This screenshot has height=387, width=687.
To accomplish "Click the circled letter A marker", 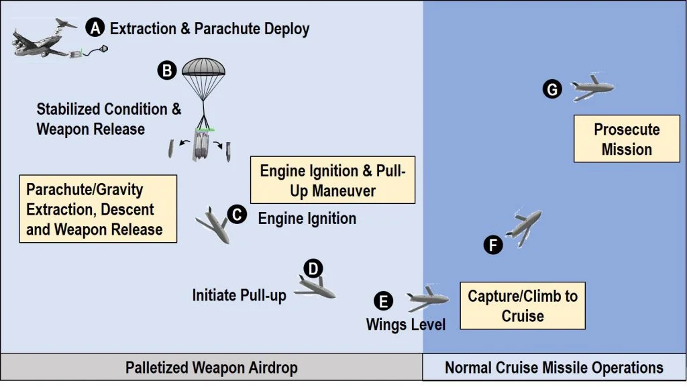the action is (x=95, y=27).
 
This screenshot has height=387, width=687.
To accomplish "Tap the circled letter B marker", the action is (x=167, y=70).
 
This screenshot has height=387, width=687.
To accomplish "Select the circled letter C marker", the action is (x=237, y=215).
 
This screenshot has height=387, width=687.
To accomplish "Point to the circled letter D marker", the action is (x=313, y=269).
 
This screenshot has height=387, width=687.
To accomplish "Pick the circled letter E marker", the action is (x=383, y=301).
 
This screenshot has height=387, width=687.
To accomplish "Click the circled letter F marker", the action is (x=493, y=245).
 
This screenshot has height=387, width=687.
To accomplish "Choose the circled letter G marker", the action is (x=552, y=89).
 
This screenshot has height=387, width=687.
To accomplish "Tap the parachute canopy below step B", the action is (x=203, y=67).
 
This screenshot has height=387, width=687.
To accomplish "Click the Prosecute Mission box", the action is (x=627, y=139).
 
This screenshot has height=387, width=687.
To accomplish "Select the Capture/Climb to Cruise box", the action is (x=523, y=306).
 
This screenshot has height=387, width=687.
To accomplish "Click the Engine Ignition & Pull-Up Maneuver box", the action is (x=333, y=180).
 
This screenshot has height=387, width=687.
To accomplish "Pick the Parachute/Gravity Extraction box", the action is (x=98, y=209).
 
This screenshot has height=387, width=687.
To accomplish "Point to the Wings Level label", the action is (x=406, y=325).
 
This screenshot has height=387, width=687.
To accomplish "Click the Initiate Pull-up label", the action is (x=240, y=295).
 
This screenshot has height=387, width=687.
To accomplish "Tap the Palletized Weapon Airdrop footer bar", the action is (x=211, y=368).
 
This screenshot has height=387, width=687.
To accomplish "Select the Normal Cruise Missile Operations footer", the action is (x=554, y=368).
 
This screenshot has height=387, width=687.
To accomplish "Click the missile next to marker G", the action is (x=592, y=88).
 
